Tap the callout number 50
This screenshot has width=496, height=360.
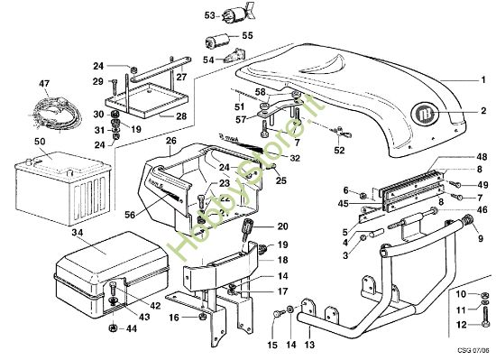point(40,143)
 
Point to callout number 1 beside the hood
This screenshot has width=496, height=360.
point(482,80)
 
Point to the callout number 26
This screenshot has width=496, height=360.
point(170,141)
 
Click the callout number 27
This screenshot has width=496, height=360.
point(180,78)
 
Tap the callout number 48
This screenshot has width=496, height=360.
point(482,156)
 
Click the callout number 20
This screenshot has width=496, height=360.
point(282,226)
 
